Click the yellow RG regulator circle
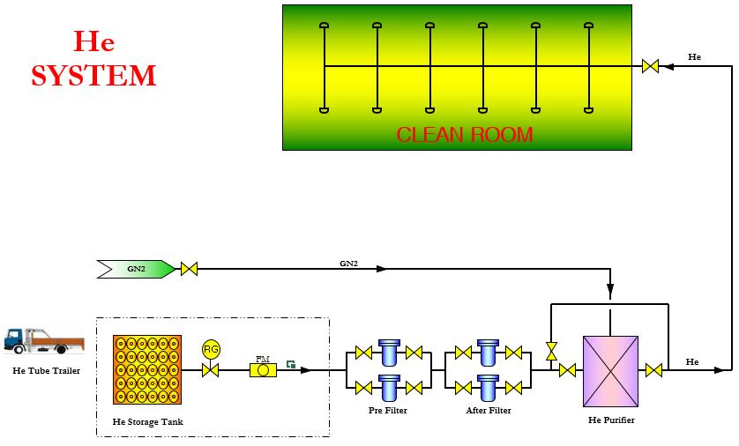pyautogui.click(x=211, y=349)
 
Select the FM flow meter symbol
pyautogui.click(x=263, y=370)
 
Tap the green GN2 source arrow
pyautogui.click(x=137, y=268)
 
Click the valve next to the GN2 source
pyautogui.click(x=189, y=268)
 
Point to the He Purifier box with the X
pyautogui.click(x=610, y=371)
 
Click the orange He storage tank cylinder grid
pyautogui.click(x=147, y=369)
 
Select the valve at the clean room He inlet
pyautogui.click(x=651, y=66)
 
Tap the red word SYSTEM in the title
pyautogui.click(x=93, y=76)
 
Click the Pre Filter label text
pyautogui.click(x=387, y=411)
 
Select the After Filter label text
pyautogui.click(x=489, y=411)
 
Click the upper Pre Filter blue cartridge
pyautogui.click(x=389, y=353)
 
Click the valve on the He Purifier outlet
pyautogui.click(x=653, y=370)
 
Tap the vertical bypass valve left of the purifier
pyautogui.click(x=552, y=351)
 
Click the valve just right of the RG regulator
pyautogui.click(x=211, y=370)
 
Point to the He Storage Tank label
pyautogui.click(x=148, y=422)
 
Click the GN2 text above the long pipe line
pyautogui.click(x=349, y=263)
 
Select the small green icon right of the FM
pyautogui.click(x=290, y=363)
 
